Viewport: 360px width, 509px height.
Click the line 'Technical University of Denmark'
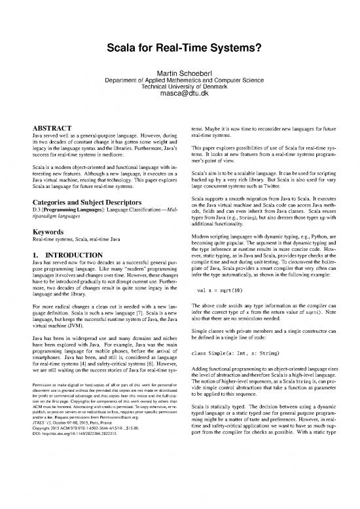coord(180,87)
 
